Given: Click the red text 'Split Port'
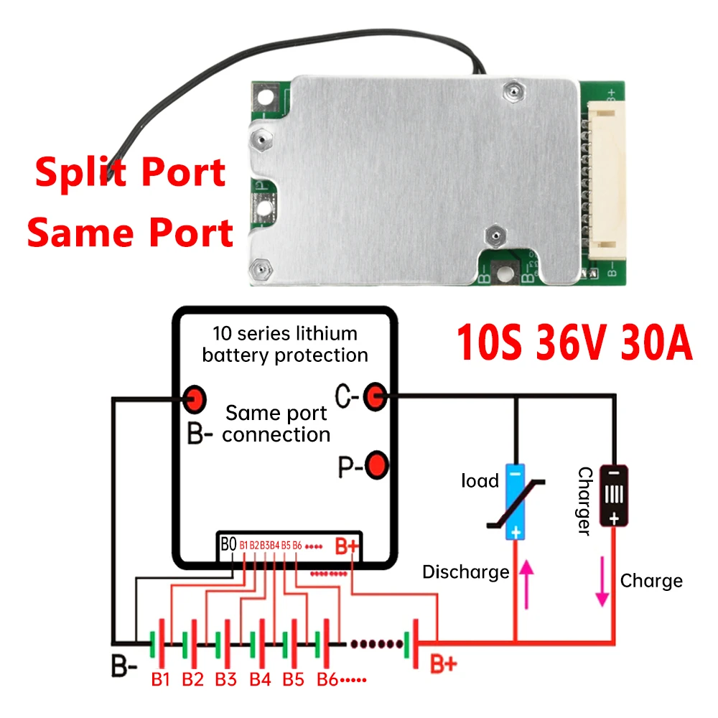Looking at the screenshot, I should click(x=131, y=173).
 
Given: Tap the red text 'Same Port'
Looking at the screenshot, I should click(x=130, y=233).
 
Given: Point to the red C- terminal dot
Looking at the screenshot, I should click(x=375, y=396).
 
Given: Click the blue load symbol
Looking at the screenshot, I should click(x=516, y=500).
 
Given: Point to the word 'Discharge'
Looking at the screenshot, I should click(x=465, y=572).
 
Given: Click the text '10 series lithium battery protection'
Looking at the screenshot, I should click(x=285, y=345).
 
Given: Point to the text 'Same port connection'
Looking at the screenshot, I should click(x=276, y=424).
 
